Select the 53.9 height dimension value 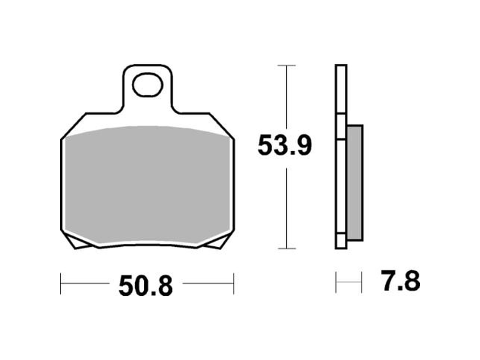[x=284, y=147]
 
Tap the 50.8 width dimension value [x=145, y=287]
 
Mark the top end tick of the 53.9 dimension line [x=287, y=66]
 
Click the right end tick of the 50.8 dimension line [x=234, y=284]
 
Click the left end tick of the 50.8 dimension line [x=61, y=284]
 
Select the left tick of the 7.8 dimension [x=336, y=282]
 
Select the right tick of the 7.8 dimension [x=361, y=282]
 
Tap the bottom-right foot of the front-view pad [x=222, y=243]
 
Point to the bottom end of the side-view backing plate [x=340, y=246]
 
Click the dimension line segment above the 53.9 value [x=287, y=98]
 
